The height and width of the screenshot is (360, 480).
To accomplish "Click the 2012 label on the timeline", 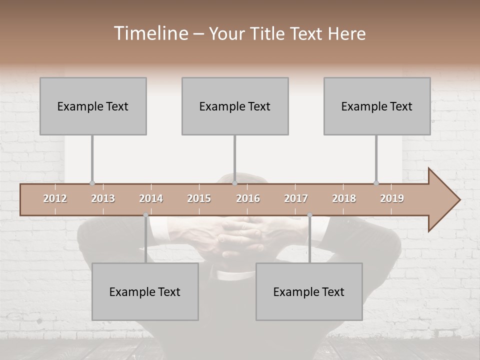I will (55, 198).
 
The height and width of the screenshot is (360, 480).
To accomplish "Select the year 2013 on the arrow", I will (103, 198).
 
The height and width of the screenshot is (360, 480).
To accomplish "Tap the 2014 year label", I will (151, 198).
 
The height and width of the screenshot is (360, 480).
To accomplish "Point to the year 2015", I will (199, 198).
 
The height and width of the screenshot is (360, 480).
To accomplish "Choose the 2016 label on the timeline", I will (248, 198).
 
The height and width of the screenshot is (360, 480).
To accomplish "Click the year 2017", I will (296, 198).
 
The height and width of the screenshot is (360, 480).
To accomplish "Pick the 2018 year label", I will (344, 198).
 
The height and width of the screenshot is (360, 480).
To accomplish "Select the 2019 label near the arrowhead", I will (392, 198).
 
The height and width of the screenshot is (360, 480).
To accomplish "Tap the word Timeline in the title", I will (150, 33).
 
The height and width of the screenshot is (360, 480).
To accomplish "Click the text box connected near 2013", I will (93, 106).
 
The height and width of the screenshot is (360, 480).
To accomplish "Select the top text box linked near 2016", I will (235, 106).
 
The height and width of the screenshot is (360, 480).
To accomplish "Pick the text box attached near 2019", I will (377, 106).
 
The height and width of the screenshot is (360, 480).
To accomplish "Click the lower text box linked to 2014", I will (145, 291).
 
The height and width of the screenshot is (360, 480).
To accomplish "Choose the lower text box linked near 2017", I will (309, 291).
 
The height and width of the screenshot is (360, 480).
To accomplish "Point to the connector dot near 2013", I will (92, 183).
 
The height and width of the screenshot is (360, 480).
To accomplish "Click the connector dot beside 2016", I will (235, 183).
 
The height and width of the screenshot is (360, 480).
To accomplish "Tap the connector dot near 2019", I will (376, 183).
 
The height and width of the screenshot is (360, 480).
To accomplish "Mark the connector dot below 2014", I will (145, 215).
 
